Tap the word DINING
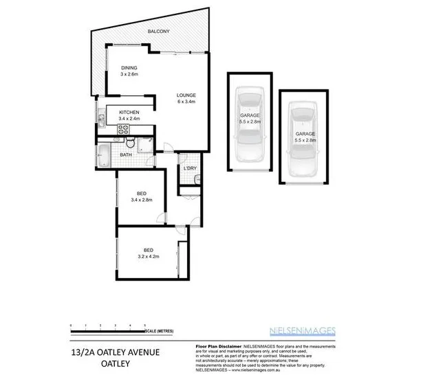tap(129, 67)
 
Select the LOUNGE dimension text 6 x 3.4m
tap(186, 102)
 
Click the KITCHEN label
tap(129, 112)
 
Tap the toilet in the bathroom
tap(129, 144)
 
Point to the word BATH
tap(126, 155)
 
